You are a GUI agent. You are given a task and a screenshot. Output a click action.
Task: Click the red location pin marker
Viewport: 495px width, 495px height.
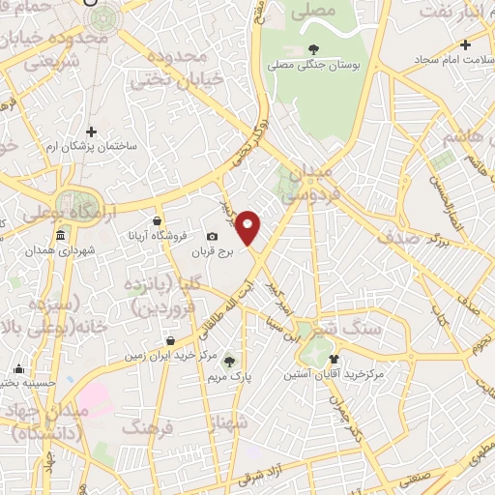(x=249, y=228)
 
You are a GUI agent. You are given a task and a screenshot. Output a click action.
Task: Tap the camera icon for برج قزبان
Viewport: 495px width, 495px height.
(x=213, y=237)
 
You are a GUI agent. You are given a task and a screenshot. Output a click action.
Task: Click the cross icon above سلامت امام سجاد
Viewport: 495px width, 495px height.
(x=465, y=44)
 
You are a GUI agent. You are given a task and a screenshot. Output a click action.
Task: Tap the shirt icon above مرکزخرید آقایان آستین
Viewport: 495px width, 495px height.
(x=335, y=358)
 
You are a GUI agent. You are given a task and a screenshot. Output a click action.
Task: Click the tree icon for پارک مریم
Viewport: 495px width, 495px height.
(x=229, y=361)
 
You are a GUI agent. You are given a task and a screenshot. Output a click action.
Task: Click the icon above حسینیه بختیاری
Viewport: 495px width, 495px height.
(x=19, y=368)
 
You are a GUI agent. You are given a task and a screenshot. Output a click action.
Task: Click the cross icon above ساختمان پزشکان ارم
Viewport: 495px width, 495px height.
(x=91, y=131)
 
